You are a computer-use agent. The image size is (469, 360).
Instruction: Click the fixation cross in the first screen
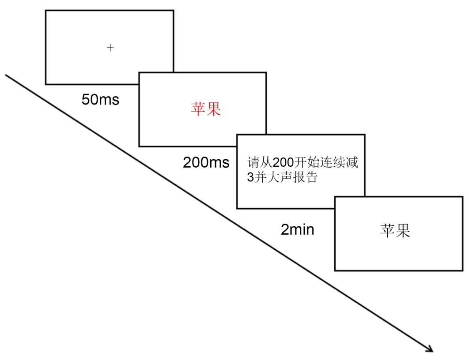(x=110, y=48)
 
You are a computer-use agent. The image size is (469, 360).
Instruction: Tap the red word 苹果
(x=206, y=109)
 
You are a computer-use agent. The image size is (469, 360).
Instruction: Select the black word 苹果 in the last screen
(x=395, y=231)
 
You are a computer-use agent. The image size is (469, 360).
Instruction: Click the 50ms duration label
(x=100, y=100)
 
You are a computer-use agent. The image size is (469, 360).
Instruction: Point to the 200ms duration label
(x=206, y=163)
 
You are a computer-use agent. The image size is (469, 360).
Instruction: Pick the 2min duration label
(x=298, y=229)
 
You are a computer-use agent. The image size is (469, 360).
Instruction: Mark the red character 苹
(x=198, y=109)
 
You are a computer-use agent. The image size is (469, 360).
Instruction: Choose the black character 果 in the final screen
(x=403, y=231)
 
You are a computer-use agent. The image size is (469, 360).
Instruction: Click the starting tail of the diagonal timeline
(x=6, y=75)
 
